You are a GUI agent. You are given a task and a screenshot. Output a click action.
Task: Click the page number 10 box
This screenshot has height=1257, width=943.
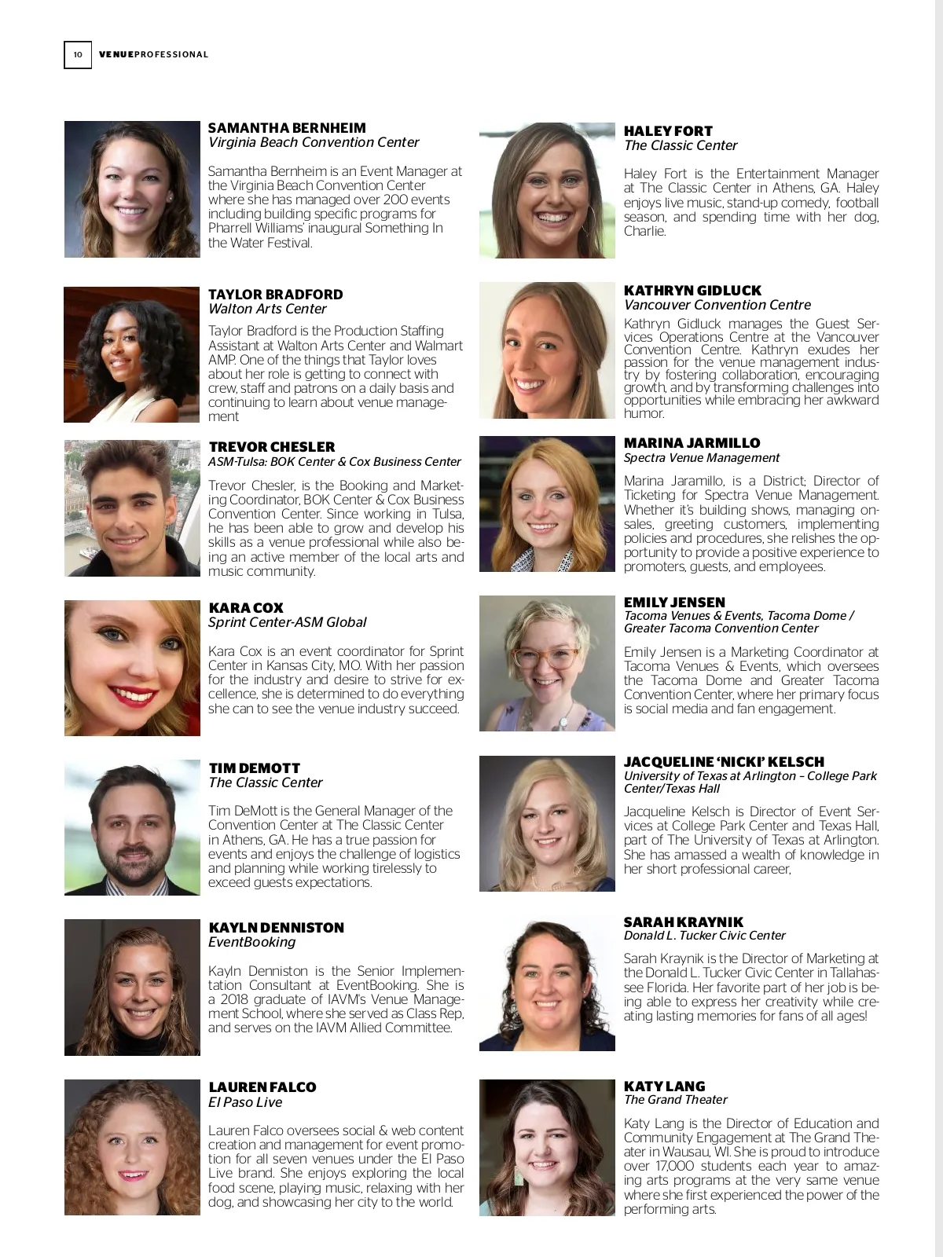pos(77,54)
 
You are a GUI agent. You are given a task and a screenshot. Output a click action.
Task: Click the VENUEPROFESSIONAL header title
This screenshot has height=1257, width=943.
pos(153,54)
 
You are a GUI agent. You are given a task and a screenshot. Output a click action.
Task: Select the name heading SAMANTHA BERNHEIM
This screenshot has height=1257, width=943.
pos(287,128)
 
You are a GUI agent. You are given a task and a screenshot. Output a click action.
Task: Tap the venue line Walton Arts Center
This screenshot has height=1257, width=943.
pos(267,309)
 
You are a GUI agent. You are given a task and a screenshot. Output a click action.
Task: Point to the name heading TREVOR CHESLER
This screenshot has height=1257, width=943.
pos(272,447)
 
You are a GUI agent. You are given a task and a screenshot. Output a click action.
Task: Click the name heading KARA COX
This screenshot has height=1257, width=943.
pos(246,608)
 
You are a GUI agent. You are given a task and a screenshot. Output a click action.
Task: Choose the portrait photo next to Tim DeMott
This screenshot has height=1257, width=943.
pos(132,827)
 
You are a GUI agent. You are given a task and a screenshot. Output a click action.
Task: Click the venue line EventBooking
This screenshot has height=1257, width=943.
pos(251,942)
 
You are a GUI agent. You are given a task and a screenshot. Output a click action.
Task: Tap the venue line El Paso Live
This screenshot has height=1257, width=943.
pos(245,1102)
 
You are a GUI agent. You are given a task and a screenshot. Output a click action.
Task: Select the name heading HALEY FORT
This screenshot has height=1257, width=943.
pos(668,131)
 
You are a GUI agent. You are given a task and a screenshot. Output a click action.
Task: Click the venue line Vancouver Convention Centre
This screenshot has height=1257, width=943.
pos(717,305)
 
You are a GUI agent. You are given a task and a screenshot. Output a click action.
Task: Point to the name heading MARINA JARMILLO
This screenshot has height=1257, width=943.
pos(692,443)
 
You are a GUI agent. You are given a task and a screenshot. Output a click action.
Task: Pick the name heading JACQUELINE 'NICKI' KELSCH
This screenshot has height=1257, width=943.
pos(724,761)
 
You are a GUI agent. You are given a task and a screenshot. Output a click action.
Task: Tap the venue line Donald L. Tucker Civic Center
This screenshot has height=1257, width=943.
pos(704,936)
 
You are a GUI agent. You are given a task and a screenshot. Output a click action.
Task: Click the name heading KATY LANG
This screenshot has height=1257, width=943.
pos(664,1087)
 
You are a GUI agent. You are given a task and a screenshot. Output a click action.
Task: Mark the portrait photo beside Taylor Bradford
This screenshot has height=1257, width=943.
pos(132,354)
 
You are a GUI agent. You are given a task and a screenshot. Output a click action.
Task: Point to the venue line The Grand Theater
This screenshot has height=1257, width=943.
pos(675,1100)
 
